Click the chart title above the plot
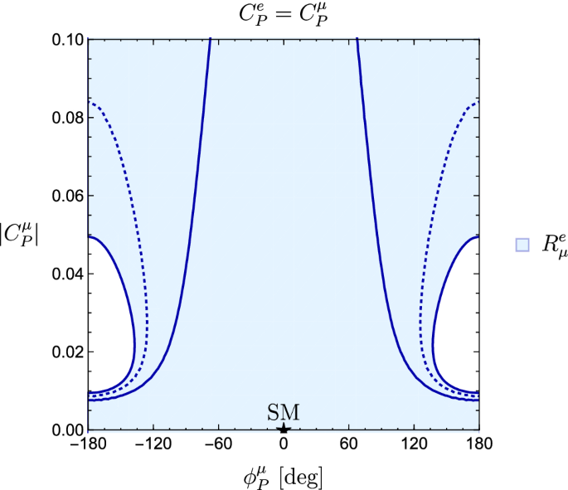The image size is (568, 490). [x=283, y=13]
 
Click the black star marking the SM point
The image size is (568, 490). [x=284, y=428]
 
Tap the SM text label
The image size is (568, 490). [x=284, y=412]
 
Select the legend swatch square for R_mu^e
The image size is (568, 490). [x=522, y=244]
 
